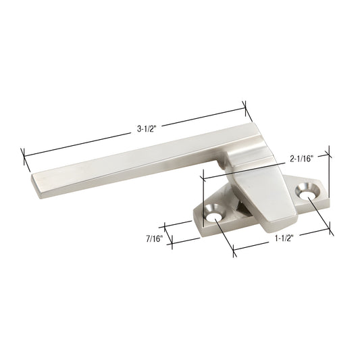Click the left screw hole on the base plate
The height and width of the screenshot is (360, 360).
click(215, 217)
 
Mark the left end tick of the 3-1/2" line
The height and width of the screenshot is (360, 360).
click(25, 159)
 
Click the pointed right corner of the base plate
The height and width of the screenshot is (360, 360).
click(324, 188)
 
